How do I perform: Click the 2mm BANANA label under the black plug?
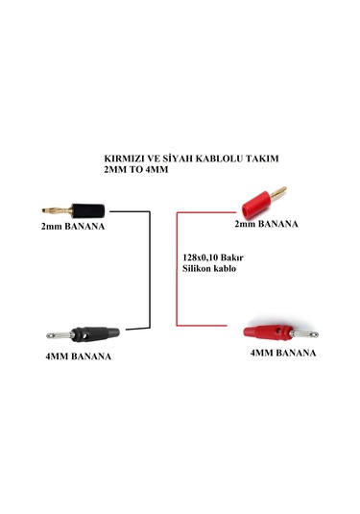point(72,230)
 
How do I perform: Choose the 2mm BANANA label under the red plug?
point(266,224)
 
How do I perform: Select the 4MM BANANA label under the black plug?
point(78,356)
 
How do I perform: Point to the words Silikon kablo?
point(208,270)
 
